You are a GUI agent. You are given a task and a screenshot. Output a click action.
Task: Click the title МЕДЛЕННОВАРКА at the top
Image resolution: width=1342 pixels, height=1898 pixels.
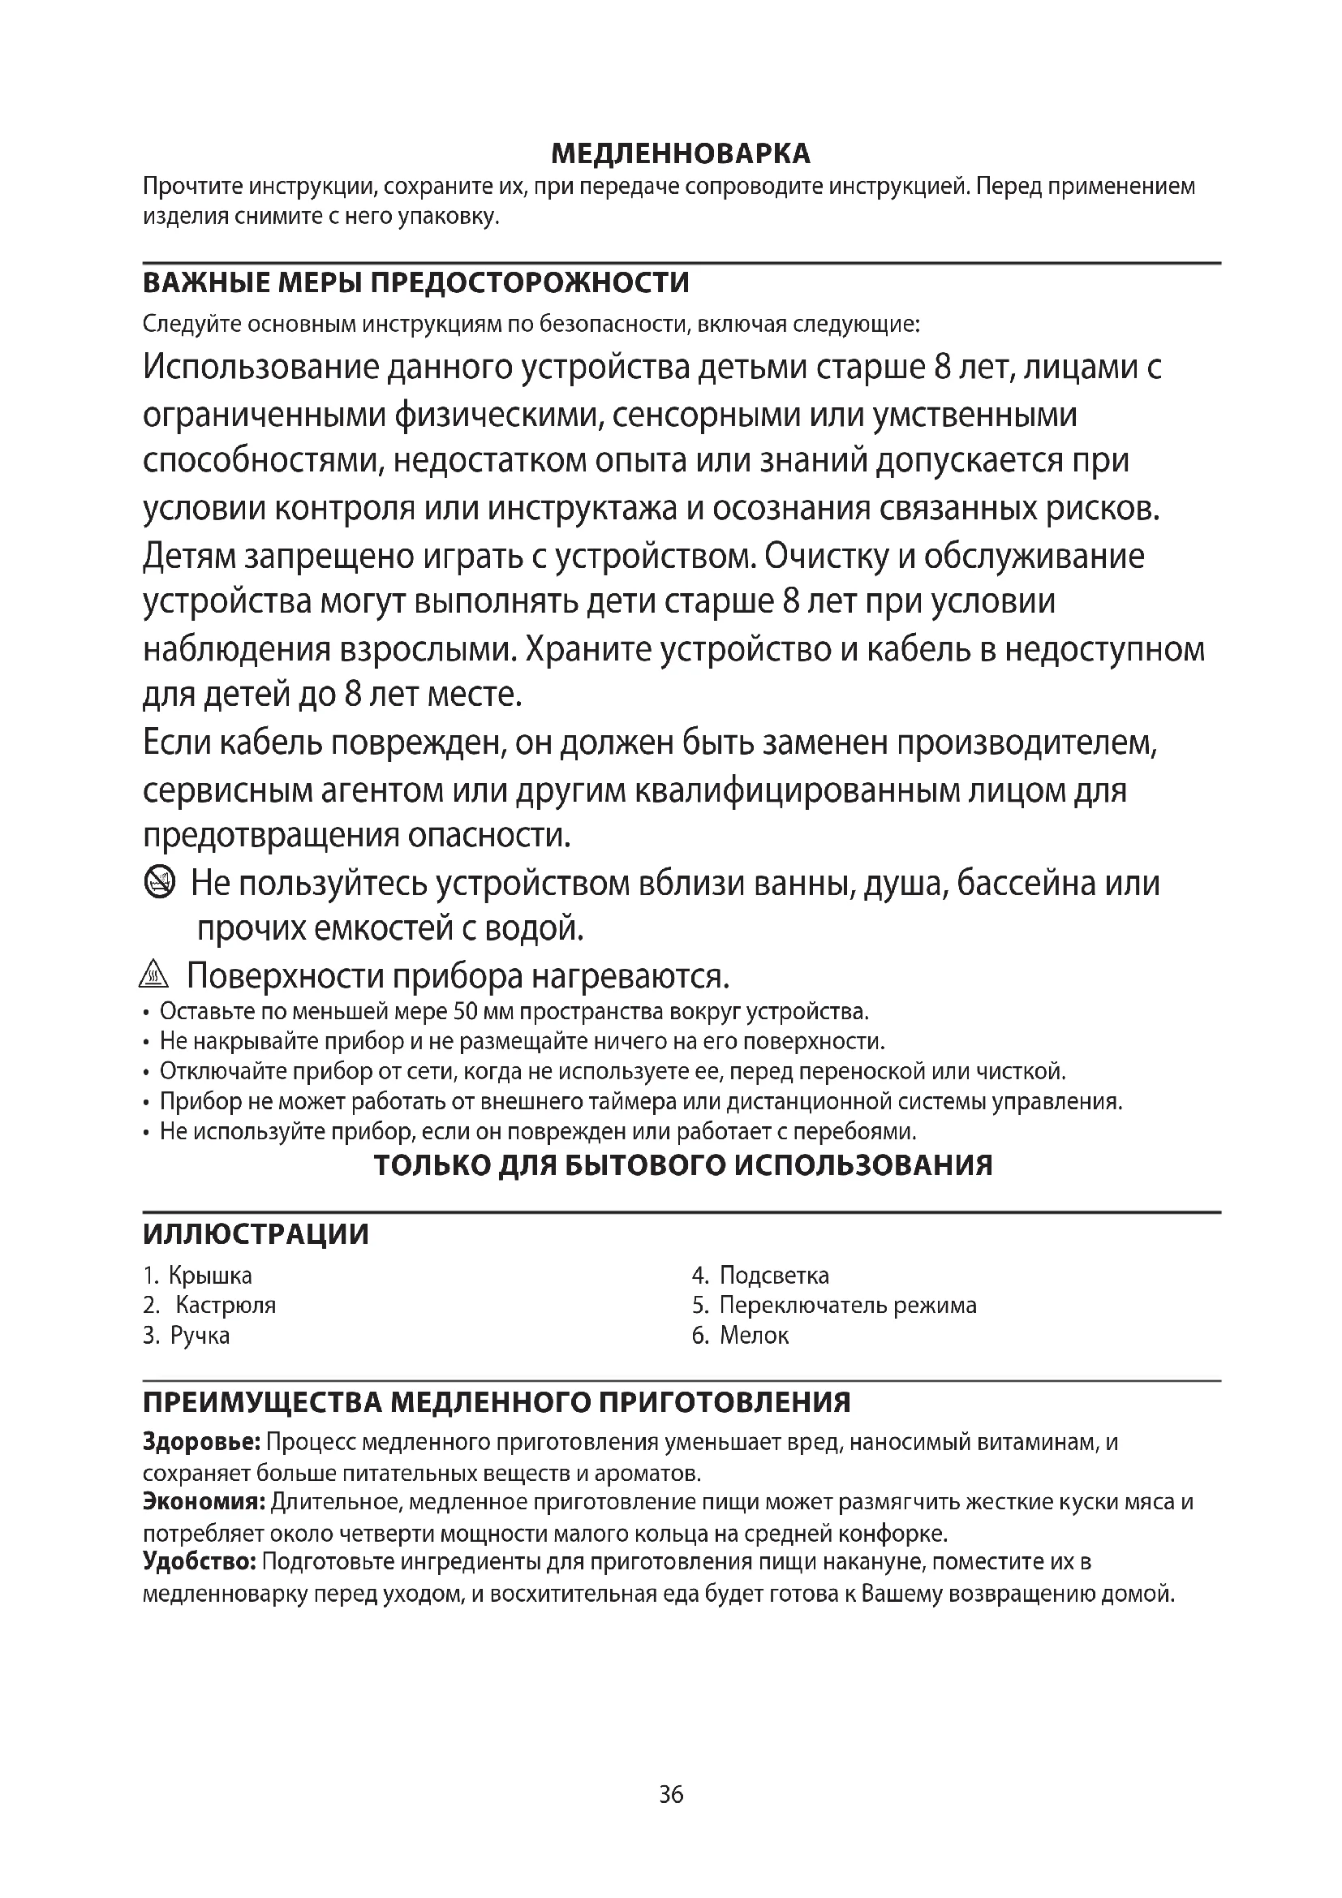(x=680, y=153)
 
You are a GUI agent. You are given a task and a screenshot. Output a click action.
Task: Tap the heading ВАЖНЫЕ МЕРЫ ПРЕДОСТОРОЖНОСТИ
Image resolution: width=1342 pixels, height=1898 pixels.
(x=415, y=282)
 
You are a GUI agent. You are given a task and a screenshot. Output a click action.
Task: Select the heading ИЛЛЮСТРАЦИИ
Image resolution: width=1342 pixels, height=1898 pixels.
(x=256, y=1233)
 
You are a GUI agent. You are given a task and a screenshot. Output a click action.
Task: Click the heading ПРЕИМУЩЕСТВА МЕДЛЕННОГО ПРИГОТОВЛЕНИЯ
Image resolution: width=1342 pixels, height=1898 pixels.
(x=497, y=1402)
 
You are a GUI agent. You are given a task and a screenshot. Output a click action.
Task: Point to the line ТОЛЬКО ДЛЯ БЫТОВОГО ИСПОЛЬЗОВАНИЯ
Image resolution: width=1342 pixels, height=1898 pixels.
(x=682, y=1164)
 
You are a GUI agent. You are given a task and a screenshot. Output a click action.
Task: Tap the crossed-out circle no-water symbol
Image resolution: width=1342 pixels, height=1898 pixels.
(x=160, y=884)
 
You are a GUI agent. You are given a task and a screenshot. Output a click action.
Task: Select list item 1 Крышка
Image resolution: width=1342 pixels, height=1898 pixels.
(x=198, y=1276)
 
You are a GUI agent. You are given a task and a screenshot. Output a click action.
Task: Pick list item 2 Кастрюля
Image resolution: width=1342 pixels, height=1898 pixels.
(x=211, y=1306)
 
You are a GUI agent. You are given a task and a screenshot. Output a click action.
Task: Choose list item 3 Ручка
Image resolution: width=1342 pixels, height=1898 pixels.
(x=187, y=1335)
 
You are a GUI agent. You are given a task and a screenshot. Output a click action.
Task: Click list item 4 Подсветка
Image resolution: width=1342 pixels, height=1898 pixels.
(x=760, y=1276)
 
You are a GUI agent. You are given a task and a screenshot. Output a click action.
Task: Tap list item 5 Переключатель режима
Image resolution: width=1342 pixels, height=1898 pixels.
(x=835, y=1306)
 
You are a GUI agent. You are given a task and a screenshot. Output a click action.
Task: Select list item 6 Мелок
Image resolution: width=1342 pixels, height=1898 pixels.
(x=742, y=1335)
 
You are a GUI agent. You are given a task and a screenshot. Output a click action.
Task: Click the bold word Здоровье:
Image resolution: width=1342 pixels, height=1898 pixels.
(x=202, y=1443)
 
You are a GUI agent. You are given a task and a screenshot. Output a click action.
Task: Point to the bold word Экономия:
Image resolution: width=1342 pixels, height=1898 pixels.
(x=204, y=1502)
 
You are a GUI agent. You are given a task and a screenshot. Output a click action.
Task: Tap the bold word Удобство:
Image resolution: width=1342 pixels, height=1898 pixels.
(x=199, y=1561)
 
